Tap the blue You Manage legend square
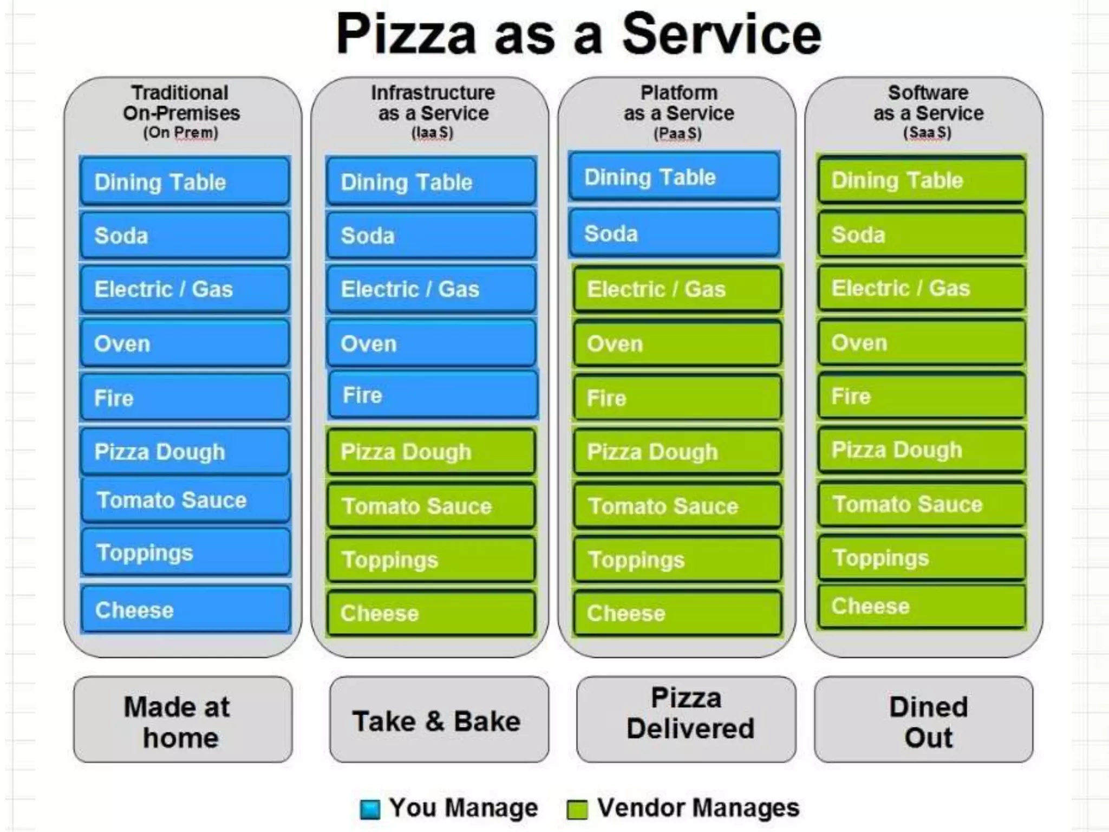tap(370, 809)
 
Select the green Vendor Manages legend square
tap(577, 809)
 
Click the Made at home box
tap(182, 720)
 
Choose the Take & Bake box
tap(439, 720)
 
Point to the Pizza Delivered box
tap(686, 720)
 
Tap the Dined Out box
tap(924, 720)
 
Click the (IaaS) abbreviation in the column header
tap(432, 133)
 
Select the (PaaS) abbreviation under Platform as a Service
tap(677, 133)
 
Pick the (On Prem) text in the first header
tap(180, 133)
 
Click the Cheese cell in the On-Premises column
tap(185, 610)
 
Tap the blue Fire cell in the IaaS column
tap(433, 395)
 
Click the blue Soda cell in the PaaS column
tap(674, 234)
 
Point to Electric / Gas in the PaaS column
tap(677, 289)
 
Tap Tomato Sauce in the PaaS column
tap(677, 506)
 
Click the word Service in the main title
tap(721, 35)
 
